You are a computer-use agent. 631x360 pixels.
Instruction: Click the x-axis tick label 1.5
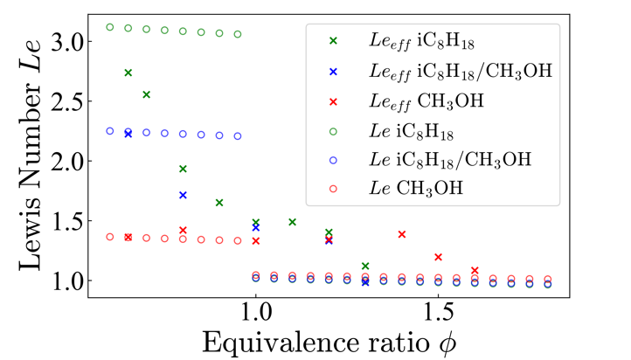[x=438, y=312]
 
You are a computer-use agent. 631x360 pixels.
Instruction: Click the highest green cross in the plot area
[x=128, y=73]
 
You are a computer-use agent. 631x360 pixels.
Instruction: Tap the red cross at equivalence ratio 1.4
[x=402, y=234]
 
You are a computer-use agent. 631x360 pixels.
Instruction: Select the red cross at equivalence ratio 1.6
[x=475, y=271]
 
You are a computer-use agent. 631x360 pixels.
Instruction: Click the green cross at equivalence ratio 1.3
[x=365, y=266]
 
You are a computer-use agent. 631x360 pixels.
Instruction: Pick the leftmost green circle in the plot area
[x=110, y=27]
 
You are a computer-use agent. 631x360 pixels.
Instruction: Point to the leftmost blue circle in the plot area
[x=110, y=131]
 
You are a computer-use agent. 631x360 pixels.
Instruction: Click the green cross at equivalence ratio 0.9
[x=219, y=203]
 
